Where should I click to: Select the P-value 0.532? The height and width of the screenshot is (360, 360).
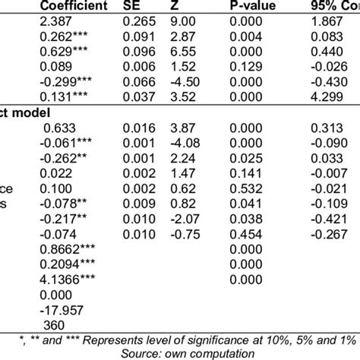(x=245, y=189)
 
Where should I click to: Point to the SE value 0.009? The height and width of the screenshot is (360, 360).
(x=147, y=204)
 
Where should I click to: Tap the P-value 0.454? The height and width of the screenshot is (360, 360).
(x=245, y=234)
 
